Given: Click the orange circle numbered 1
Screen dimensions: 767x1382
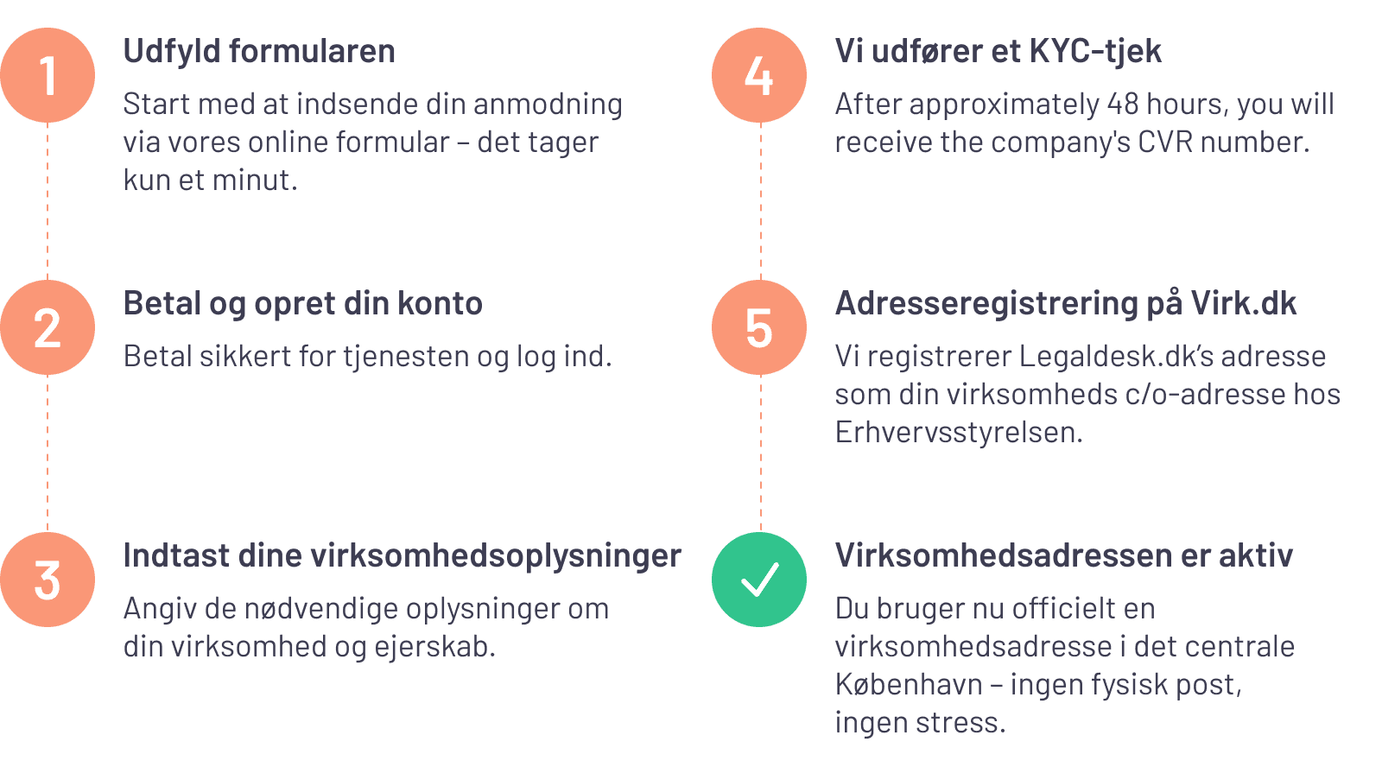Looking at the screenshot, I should (48, 75).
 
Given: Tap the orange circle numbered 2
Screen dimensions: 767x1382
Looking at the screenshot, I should (48, 327).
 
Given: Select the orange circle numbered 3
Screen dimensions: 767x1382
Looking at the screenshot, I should (48, 580).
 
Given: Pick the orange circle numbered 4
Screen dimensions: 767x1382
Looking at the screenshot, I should (759, 75).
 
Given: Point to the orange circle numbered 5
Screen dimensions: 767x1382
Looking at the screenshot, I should (759, 327).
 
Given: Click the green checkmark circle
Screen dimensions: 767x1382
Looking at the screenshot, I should (759, 580).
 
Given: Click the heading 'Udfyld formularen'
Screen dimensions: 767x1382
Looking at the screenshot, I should (259, 52).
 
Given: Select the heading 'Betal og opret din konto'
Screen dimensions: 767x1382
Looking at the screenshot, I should (302, 304).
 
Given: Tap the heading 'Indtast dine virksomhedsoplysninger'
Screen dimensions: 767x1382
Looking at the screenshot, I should (402, 556).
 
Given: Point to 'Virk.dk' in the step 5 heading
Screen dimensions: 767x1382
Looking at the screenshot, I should (1244, 304).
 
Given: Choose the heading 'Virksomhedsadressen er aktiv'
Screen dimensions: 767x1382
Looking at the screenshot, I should (1063, 556).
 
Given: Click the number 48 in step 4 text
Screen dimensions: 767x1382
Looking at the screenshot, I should (1123, 105).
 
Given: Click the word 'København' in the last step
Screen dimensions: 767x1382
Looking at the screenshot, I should (909, 685).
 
